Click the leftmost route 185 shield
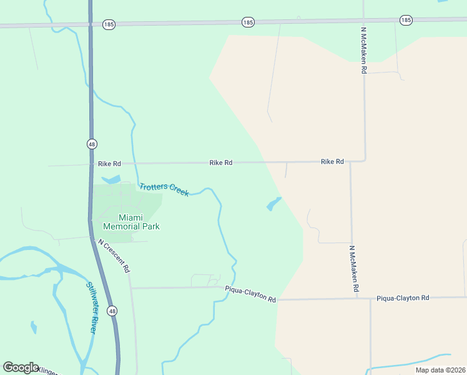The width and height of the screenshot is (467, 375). click(x=109, y=24)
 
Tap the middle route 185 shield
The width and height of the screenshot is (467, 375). click(x=248, y=22)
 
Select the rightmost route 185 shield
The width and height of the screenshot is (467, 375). click(x=406, y=20)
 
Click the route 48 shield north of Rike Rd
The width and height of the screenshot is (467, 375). click(x=92, y=144)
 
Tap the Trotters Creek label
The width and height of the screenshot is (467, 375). click(x=164, y=189)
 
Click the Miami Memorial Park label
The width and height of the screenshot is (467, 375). click(x=131, y=222)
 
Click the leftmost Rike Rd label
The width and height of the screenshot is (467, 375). click(x=109, y=164)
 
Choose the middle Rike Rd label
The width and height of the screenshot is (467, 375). click(x=221, y=162)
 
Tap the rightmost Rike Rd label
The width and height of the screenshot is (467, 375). click(x=332, y=161)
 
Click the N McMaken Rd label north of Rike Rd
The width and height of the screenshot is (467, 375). click(x=363, y=51)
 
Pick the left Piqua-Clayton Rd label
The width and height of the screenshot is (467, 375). click(x=250, y=294)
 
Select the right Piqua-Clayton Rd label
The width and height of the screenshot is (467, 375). click(x=403, y=298)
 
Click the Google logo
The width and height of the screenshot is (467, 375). click(x=21, y=367)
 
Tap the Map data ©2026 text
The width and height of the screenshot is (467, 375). click(x=440, y=370)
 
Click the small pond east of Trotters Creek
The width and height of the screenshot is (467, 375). click(x=273, y=204)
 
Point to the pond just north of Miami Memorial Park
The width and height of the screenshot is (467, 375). click(x=111, y=179)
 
